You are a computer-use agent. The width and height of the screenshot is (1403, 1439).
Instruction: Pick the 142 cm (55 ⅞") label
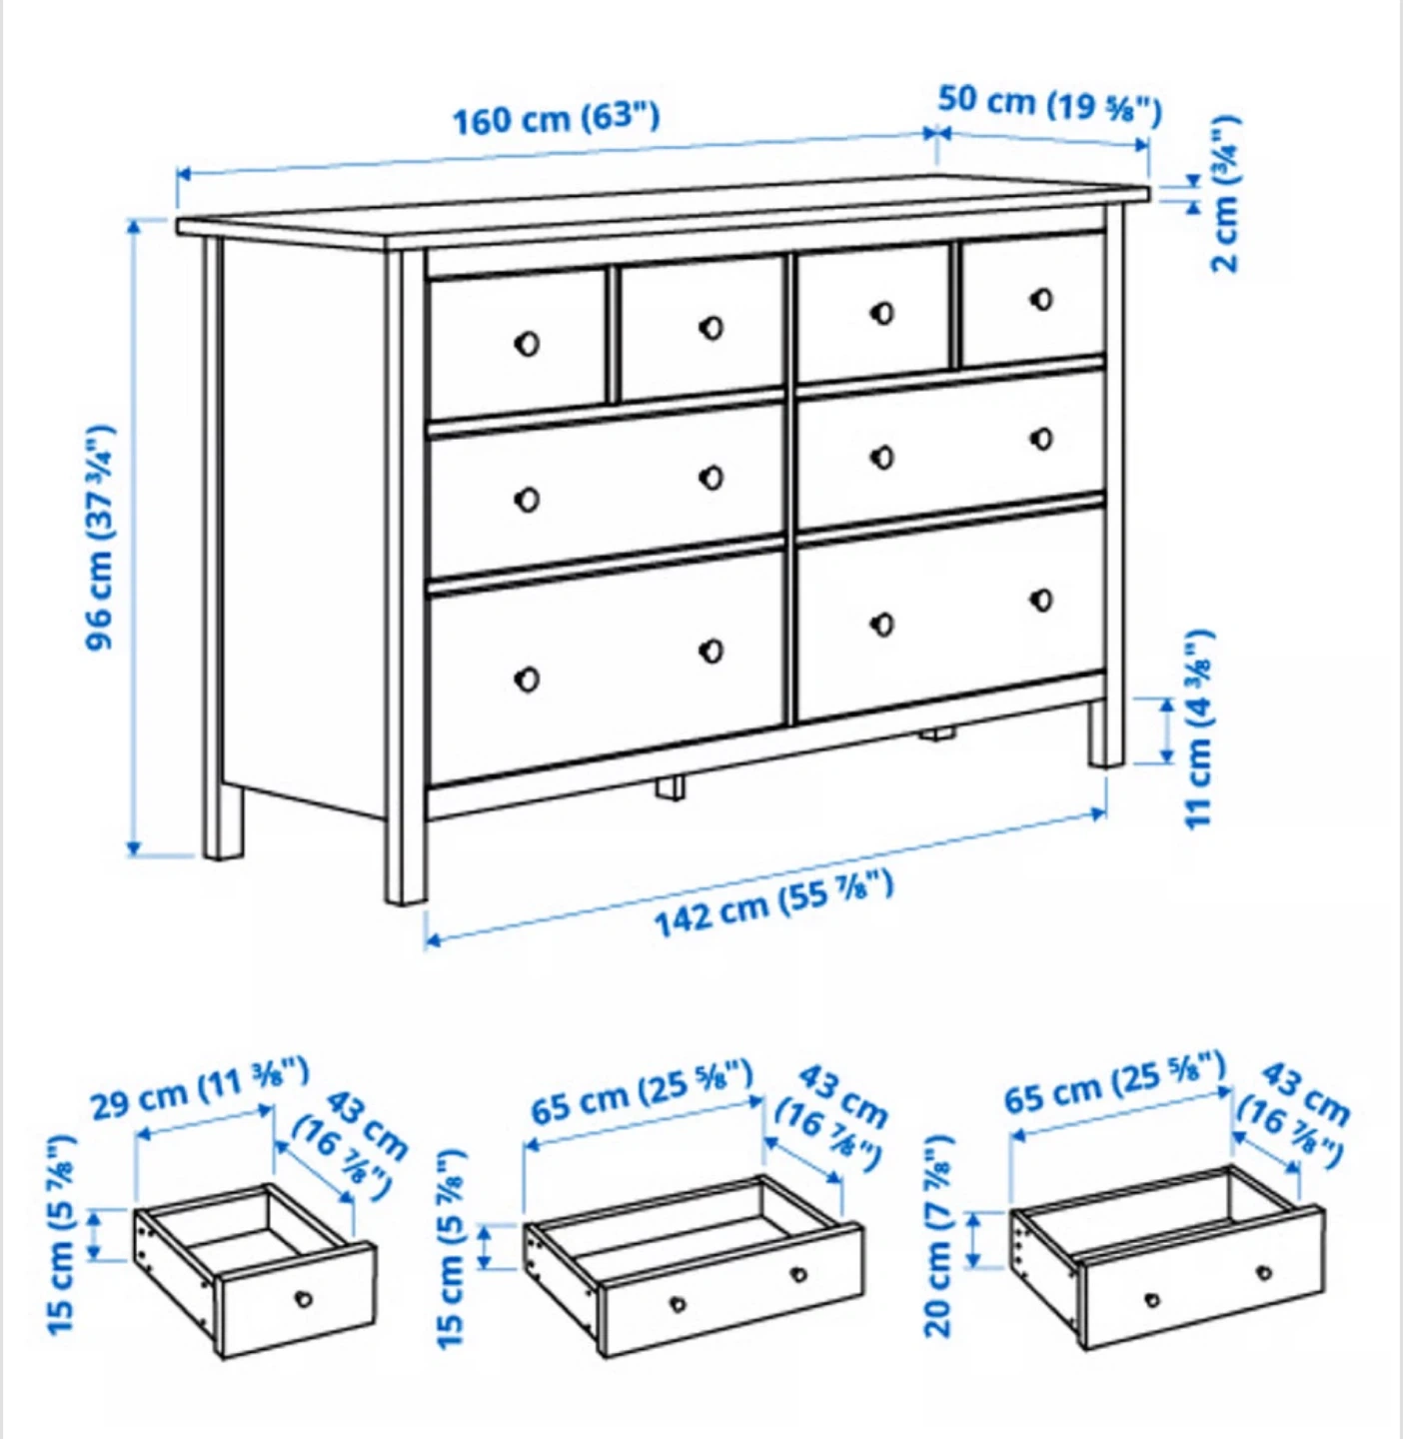[x=774, y=903]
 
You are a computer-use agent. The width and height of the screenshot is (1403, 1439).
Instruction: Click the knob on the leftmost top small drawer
[x=527, y=344]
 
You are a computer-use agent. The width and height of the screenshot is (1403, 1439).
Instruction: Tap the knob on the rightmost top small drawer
[x=1041, y=300]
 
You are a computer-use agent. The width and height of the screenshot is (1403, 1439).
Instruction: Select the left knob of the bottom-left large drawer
[x=527, y=679]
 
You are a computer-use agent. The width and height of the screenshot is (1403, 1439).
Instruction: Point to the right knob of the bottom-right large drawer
[x=1041, y=600]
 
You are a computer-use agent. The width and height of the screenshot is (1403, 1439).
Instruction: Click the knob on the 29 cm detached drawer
[x=303, y=1299]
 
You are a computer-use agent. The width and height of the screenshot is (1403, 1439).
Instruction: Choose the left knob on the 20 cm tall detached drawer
[x=1151, y=1300]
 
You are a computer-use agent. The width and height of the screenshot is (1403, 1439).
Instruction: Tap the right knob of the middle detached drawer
[x=798, y=1275]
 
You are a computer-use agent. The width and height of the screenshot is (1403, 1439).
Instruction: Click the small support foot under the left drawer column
[x=671, y=787]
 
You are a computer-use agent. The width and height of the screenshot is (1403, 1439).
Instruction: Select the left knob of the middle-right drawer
[x=881, y=458]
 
